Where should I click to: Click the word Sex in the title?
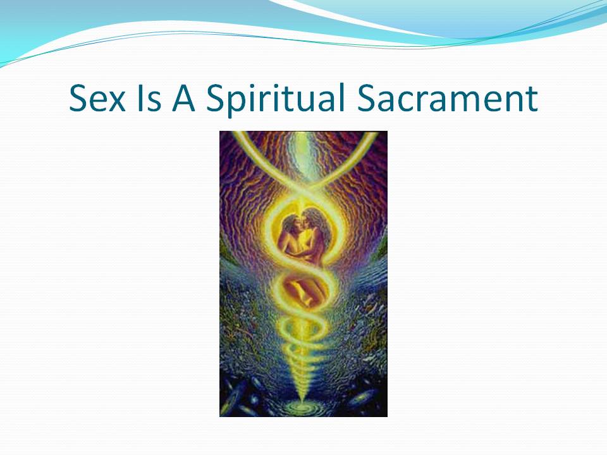[97, 98]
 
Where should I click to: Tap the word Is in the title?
[149, 98]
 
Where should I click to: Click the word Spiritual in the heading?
[275, 100]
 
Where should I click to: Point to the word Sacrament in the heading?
[447, 98]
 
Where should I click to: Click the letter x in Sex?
[116, 102]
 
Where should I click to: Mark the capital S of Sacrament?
[365, 98]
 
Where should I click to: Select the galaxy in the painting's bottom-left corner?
[235, 397]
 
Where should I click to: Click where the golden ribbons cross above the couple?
[303, 187]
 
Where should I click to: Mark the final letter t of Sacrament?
[532, 100]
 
